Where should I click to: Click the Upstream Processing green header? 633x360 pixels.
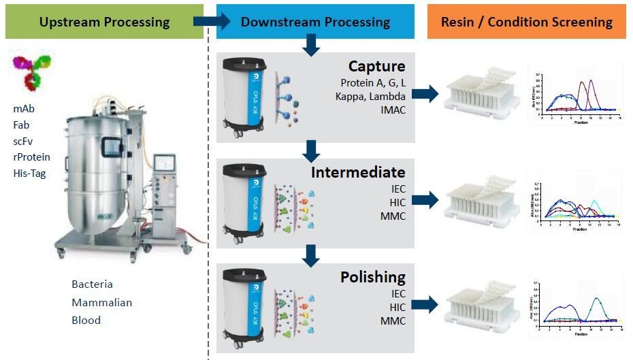[104, 22]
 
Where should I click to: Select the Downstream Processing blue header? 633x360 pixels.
[315, 22]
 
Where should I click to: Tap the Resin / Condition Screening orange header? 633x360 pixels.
[526, 22]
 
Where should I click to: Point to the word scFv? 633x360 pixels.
[22, 142]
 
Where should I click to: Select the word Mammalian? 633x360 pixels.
[102, 302]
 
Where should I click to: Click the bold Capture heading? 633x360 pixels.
[376, 67]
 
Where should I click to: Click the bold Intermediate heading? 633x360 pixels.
[358, 172]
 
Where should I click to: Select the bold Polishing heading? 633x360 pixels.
[372, 278]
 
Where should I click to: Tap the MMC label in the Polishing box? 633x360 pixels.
[393, 320]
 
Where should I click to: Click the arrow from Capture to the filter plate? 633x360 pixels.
[425, 95]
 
